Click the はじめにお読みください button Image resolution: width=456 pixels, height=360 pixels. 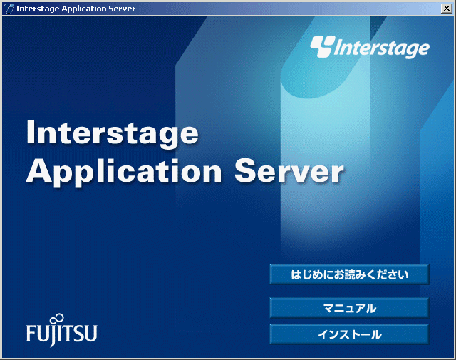point(349,274)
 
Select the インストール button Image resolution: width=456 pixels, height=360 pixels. point(349,334)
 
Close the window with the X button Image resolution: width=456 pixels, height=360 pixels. point(446,9)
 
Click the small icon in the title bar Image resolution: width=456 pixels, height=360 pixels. point(9,9)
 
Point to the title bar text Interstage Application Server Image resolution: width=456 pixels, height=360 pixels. point(76,9)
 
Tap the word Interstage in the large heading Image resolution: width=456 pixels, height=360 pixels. point(113,133)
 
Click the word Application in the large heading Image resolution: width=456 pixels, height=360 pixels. point(124,173)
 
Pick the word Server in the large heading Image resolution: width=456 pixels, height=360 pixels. point(289,171)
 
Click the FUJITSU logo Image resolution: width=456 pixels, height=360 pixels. point(62,331)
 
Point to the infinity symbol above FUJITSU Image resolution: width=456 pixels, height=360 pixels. point(57,318)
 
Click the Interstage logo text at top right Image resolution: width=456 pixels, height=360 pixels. point(381,48)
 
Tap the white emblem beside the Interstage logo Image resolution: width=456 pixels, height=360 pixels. point(323,46)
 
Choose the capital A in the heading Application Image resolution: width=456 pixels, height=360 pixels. point(39,170)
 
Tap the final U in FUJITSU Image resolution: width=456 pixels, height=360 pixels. point(91,334)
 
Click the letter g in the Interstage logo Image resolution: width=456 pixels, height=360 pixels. point(412,51)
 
